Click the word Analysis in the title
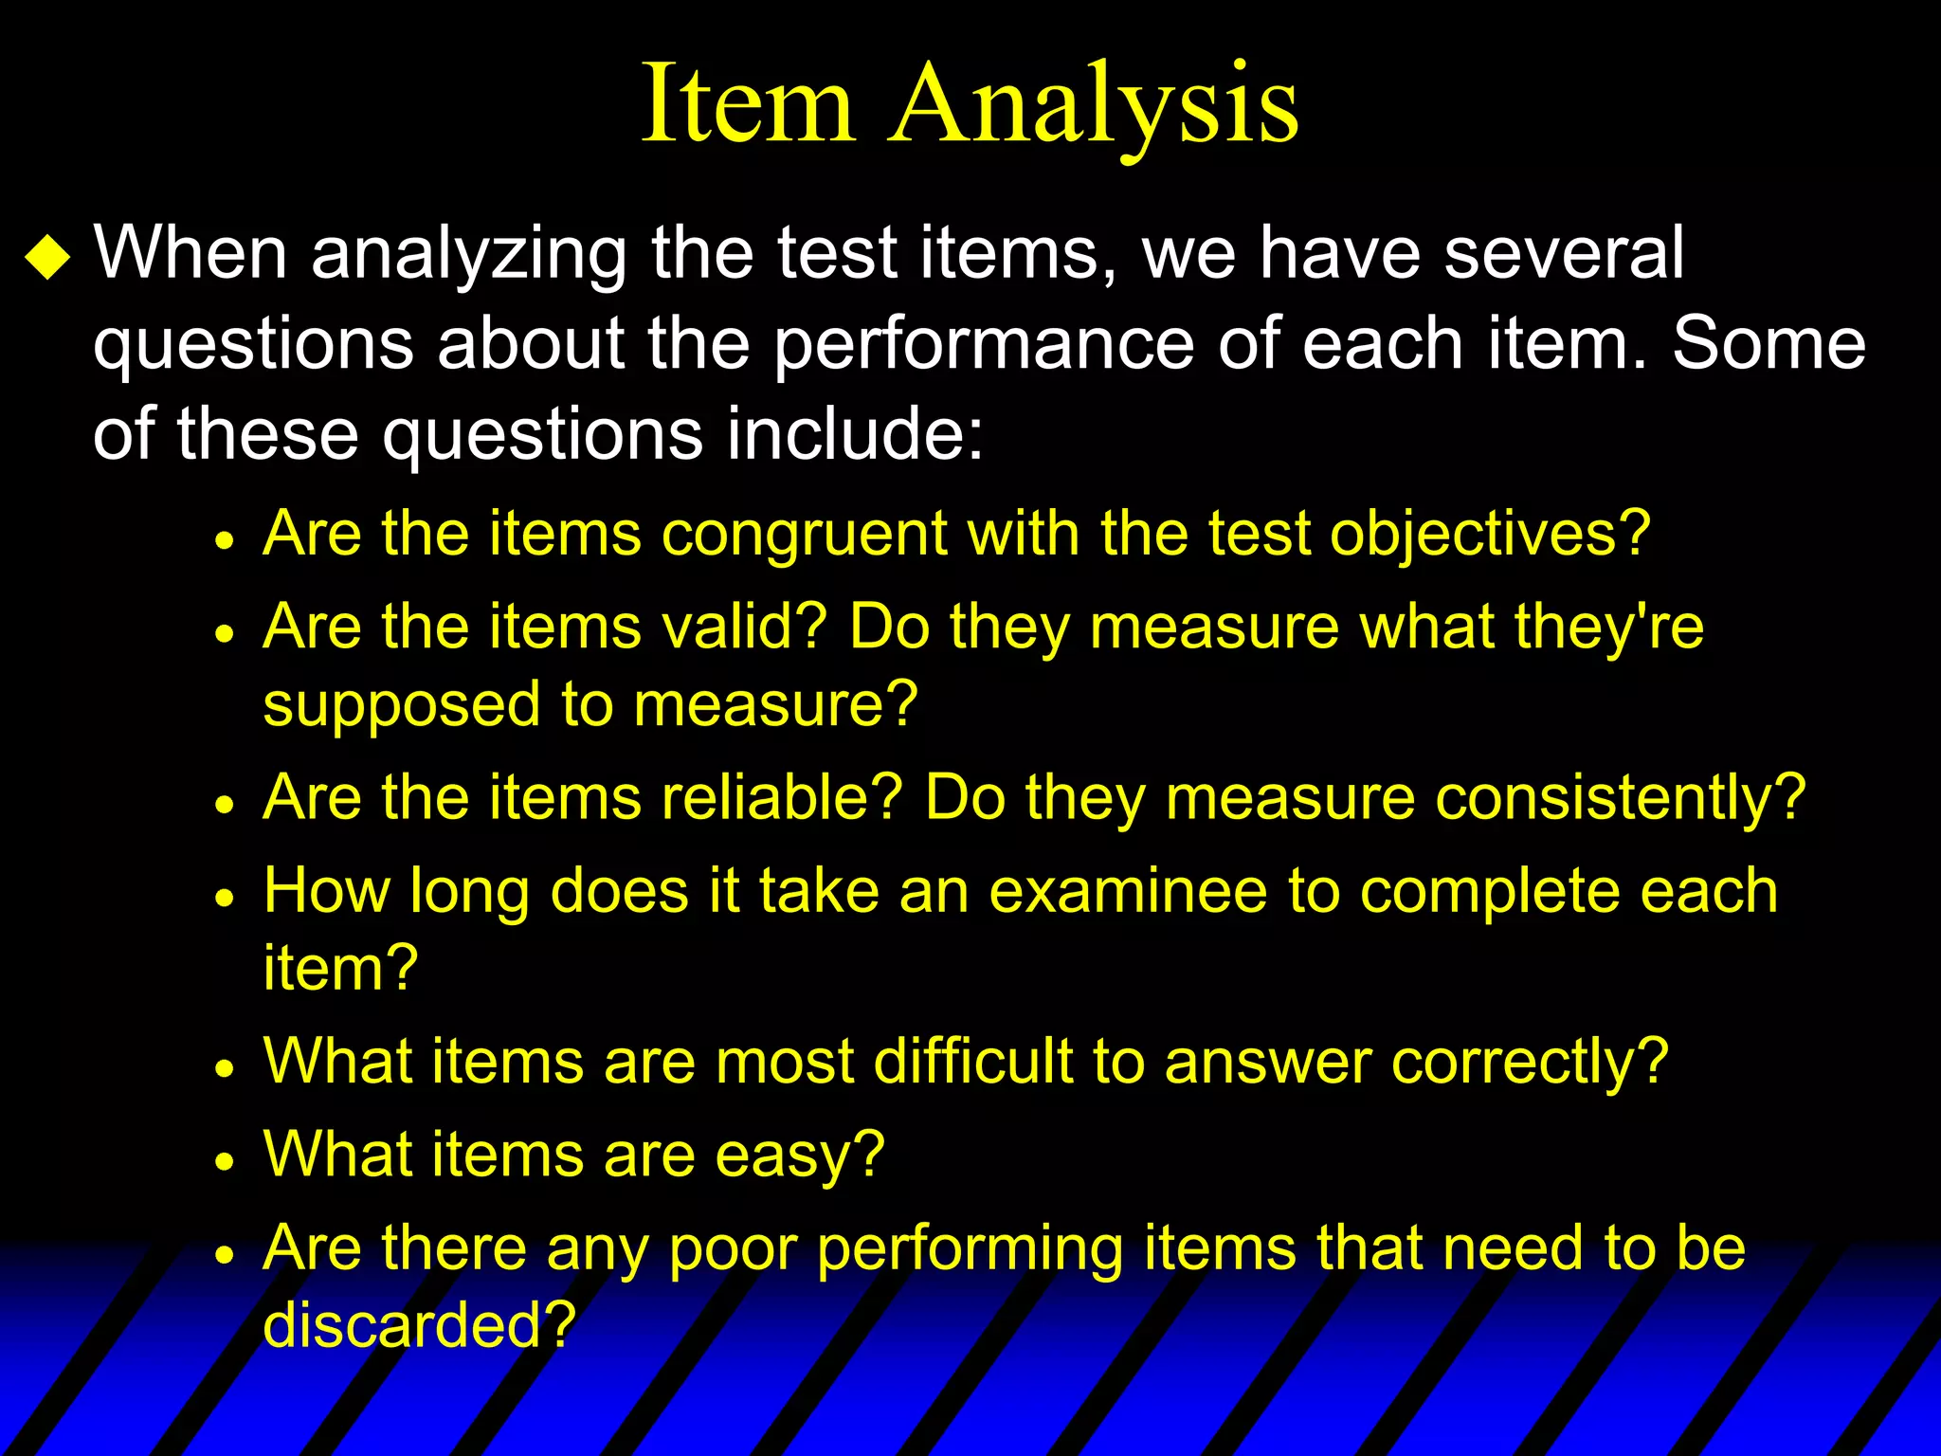(x=1094, y=104)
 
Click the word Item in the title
(x=749, y=104)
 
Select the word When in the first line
(x=190, y=253)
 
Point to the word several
(x=1564, y=253)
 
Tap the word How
(x=326, y=891)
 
